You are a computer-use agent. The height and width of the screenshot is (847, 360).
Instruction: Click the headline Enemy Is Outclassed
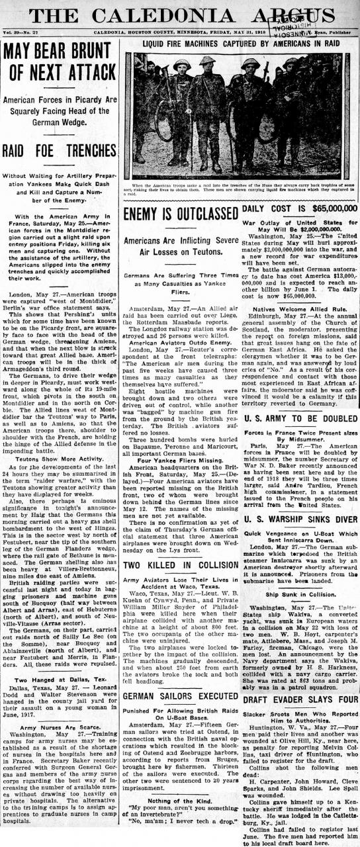click(x=181, y=214)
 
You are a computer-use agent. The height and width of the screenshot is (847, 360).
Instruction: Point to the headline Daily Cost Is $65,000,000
click(x=299, y=209)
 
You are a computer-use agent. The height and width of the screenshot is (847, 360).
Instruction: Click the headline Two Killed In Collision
click(x=181, y=547)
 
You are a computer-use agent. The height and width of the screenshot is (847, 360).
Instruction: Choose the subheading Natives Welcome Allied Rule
click(x=299, y=308)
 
